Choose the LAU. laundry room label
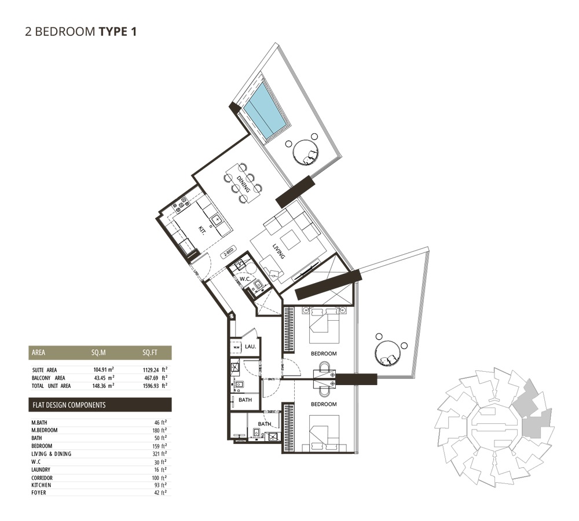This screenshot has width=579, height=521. (x=250, y=346)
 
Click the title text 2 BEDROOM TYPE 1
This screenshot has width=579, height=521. (x=80, y=31)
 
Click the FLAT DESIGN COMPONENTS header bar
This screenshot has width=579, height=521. (x=100, y=405)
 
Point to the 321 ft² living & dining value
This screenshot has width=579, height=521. (x=159, y=454)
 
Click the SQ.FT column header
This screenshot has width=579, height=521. (x=151, y=352)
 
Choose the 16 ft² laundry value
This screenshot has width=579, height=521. (x=160, y=469)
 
